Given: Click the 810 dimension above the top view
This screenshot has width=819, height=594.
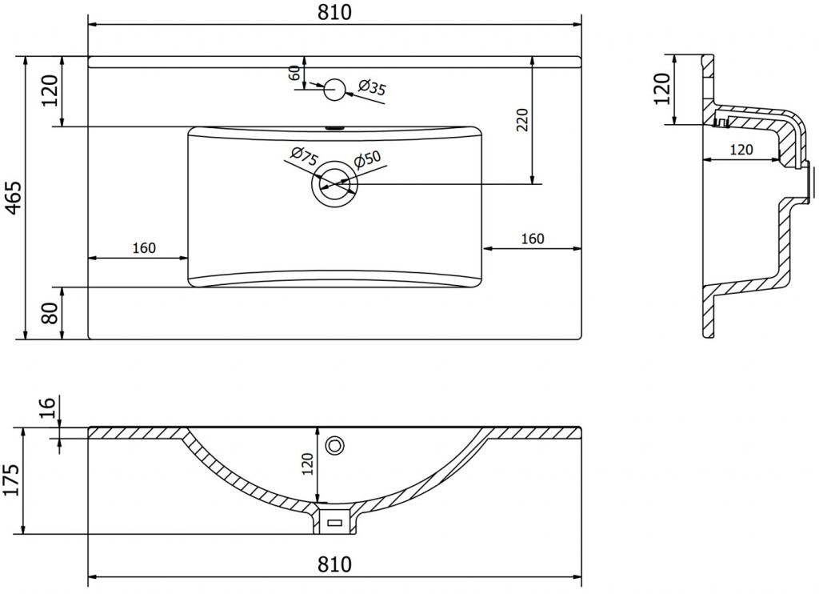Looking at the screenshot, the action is pos(334,12).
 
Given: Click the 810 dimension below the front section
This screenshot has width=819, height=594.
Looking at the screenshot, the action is pos(334,564).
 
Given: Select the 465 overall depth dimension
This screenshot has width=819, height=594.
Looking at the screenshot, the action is pos(14,198).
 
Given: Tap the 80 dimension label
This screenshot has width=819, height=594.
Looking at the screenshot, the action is pos(51,313).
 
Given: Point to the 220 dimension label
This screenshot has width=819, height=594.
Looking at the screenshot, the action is pos(523,120).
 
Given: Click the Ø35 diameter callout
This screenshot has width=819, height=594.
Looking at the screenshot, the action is pos(372,86).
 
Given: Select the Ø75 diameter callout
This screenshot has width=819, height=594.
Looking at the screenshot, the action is pos(304,157).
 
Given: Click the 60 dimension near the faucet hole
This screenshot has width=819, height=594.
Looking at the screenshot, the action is pos(294,73).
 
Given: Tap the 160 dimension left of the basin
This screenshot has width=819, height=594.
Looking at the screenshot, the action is pos(144,247).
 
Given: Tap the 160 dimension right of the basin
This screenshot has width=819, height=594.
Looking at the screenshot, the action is pos(533,239).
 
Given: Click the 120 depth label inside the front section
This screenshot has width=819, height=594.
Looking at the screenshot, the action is pos(308,464).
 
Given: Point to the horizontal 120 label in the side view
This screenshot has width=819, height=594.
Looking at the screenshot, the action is pos(741,150).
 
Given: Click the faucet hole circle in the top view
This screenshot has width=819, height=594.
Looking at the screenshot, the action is pos(334,90).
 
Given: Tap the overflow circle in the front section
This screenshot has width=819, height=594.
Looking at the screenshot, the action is pos(335,445).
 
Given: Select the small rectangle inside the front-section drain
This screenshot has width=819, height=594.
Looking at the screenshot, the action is pos(334,522).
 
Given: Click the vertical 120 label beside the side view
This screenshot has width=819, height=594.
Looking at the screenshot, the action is pos(661,88).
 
